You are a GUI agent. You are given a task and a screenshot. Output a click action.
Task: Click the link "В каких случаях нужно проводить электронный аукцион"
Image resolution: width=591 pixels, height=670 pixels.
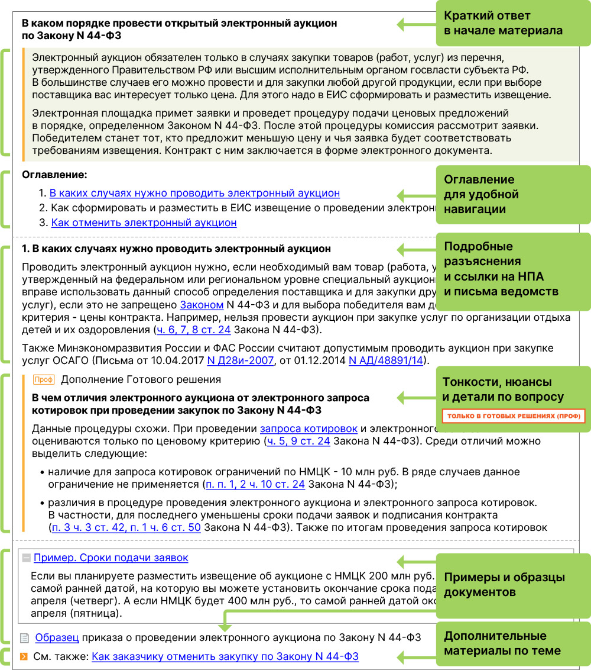pyautogui.click(x=194, y=193)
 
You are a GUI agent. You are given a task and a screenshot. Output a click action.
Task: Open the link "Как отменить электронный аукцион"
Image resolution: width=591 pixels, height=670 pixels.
pyautogui.click(x=144, y=223)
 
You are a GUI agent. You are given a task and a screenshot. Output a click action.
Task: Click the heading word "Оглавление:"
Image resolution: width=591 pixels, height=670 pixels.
pyautogui.click(x=54, y=175)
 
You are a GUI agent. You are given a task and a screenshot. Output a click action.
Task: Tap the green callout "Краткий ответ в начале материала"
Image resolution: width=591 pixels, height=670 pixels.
pyautogui.click(x=503, y=23)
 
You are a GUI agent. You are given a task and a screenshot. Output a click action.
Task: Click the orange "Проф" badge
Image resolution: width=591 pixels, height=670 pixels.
pyautogui.click(x=43, y=380)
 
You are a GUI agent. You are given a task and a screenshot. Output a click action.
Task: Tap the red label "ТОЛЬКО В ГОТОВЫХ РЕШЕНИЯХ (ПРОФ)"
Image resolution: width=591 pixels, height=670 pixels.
pyautogui.click(x=513, y=416)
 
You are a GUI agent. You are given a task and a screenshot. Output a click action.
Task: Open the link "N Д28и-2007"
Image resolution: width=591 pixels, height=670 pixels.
pyautogui.click(x=240, y=360)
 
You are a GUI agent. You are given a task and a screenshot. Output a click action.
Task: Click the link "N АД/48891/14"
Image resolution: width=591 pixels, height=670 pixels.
pyautogui.click(x=385, y=360)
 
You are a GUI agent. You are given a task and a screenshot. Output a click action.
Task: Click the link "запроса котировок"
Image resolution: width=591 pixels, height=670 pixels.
pyautogui.click(x=309, y=429)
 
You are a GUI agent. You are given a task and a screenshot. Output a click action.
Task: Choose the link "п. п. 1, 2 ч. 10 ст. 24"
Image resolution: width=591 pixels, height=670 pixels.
pyautogui.click(x=255, y=484)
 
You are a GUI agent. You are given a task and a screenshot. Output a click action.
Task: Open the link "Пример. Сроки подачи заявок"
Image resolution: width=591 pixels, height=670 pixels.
pyautogui.click(x=111, y=558)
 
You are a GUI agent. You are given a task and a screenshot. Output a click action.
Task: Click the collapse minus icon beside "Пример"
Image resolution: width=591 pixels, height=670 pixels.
pyautogui.click(x=27, y=558)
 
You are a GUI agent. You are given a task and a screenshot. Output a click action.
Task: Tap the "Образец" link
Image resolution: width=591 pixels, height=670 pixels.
pyautogui.click(x=57, y=637)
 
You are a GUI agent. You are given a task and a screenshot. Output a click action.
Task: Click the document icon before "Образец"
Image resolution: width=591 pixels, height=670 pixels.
pyautogui.click(x=24, y=638)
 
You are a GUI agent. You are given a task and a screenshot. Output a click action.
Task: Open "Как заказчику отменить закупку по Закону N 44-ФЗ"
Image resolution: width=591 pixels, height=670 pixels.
pyautogui.click(x=225, y=656)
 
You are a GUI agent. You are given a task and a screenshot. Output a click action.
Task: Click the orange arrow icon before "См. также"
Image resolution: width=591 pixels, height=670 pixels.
pyautogui.click(x=24, y=656)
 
